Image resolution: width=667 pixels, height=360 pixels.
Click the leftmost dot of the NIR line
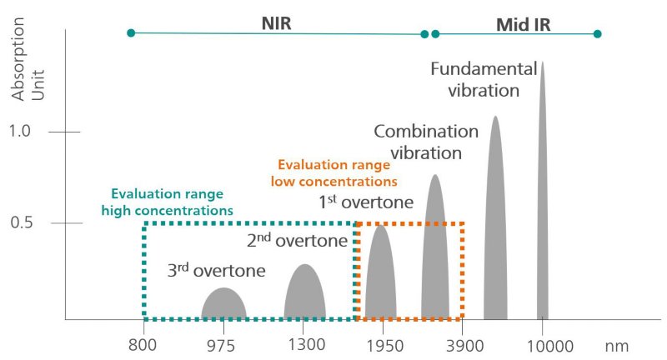pyautogui.click(x=131, y=33)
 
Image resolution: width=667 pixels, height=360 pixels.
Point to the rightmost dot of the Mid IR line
pyautogui.click(x=597, y=34)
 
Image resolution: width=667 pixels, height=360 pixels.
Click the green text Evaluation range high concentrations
pyautogui.click(x=167, y=202)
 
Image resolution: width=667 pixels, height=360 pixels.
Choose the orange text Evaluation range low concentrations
pyautogui.click(x=337, y=172)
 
